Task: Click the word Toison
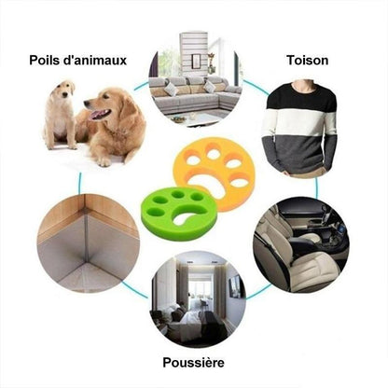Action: click(x=309, y=61)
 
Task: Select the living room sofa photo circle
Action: click(x=194, y=79)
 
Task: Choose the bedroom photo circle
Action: click(x=197, y=298)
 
